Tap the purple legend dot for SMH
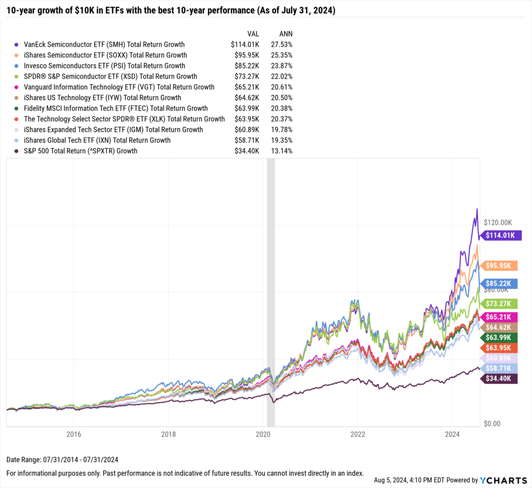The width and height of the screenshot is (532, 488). point(17,45)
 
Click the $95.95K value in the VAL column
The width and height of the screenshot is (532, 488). point(246,55)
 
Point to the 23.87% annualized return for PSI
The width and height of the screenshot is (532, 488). point(282,66)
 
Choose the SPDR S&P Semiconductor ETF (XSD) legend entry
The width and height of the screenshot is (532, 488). point(103,76)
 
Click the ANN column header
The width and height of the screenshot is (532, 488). point(285,34)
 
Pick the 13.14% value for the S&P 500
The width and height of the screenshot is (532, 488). point(282,151)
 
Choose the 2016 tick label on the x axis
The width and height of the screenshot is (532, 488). point(74,434)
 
